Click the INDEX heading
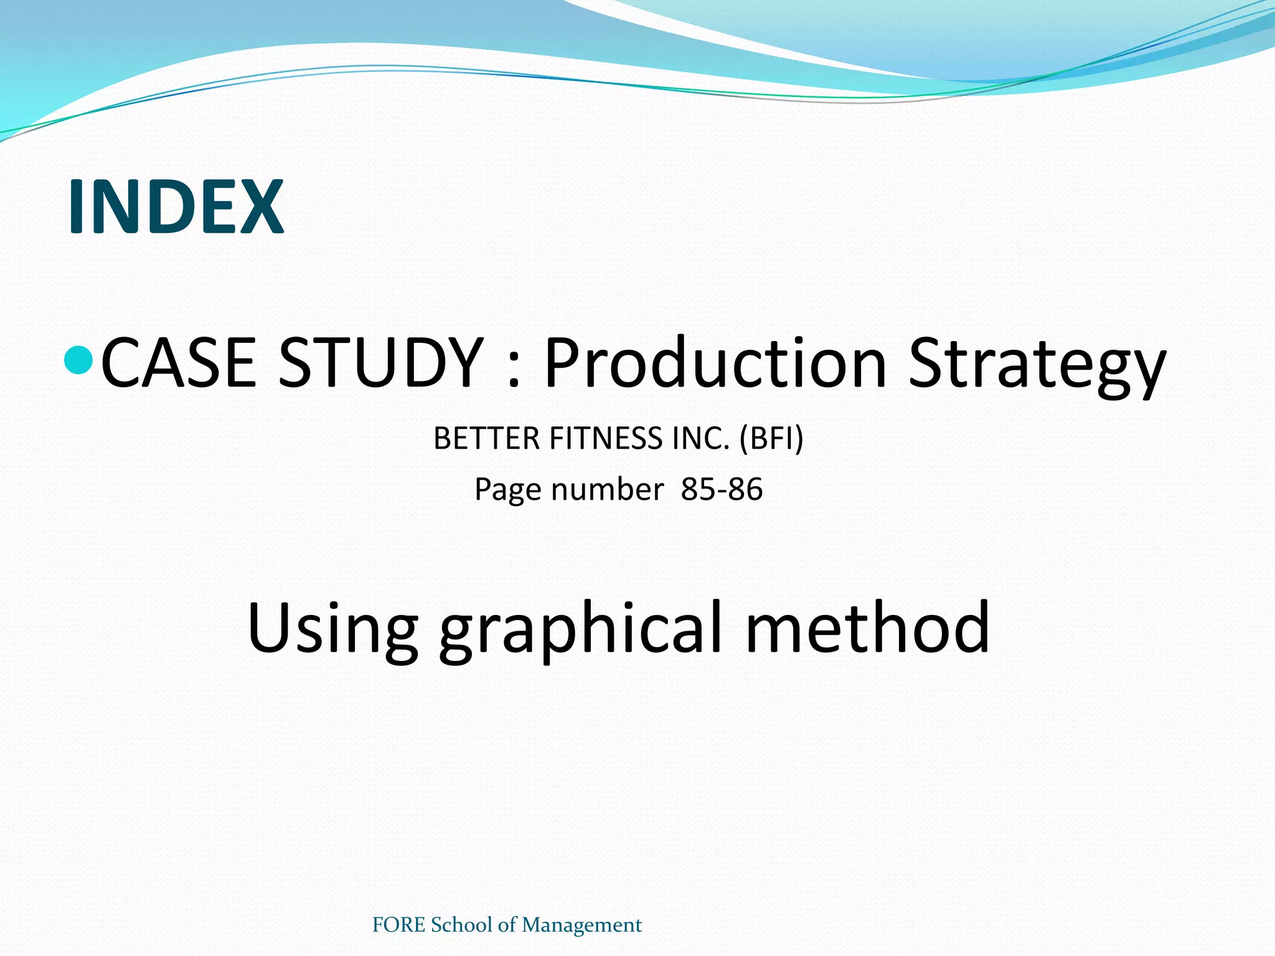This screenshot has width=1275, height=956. click(x=176, y=207)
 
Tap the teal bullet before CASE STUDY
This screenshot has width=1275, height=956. click(x=79, y=360)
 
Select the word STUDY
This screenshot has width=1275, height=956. click(x=380, y=363)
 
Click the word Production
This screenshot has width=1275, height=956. click(x=715, y=363)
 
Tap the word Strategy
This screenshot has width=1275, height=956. click(x=1037, y=367)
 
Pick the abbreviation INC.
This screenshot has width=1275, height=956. click(x=700, y=438)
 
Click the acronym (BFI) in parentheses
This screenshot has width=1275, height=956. click(x=771, y=438)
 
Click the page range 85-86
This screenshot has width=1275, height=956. click(x=722, y=489)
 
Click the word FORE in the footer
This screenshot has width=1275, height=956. click(x=398, y=925)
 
